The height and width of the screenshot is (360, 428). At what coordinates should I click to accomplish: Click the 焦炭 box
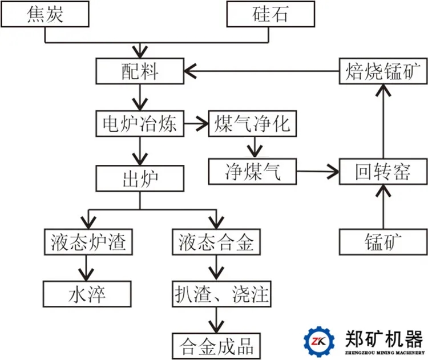click(45, 14)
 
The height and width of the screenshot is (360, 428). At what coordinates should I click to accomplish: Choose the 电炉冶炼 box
click(140, 123)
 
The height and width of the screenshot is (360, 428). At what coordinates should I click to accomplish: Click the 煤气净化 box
click(253, 123)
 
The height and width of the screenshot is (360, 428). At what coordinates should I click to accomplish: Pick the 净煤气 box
click(253, 171)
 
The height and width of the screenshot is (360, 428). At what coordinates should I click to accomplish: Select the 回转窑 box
click(383, 171)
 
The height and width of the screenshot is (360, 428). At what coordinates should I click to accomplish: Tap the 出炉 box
click(140, 178)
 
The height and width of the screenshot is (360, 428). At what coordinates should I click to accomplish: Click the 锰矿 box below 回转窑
click(383, 242)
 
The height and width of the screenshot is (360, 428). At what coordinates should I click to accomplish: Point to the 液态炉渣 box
click(87, 242)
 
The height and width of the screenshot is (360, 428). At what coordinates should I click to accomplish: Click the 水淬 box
click(87, 294)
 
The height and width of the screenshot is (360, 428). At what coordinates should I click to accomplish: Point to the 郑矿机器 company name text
click(384, 338)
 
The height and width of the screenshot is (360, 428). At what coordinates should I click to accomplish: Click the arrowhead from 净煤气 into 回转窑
click(334, 171)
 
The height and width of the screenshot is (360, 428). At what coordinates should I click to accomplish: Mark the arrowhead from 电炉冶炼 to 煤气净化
click(204, 123)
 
